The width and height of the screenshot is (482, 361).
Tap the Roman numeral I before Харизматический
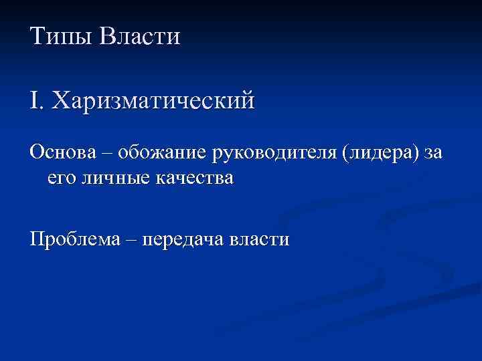coord(35,101)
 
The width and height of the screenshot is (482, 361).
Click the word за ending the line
coord(432,154)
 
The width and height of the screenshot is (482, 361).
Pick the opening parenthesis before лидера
coord(345,154)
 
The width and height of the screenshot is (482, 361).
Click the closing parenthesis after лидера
coord(418,154)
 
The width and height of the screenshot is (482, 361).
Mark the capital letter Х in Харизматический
coord(61,101)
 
